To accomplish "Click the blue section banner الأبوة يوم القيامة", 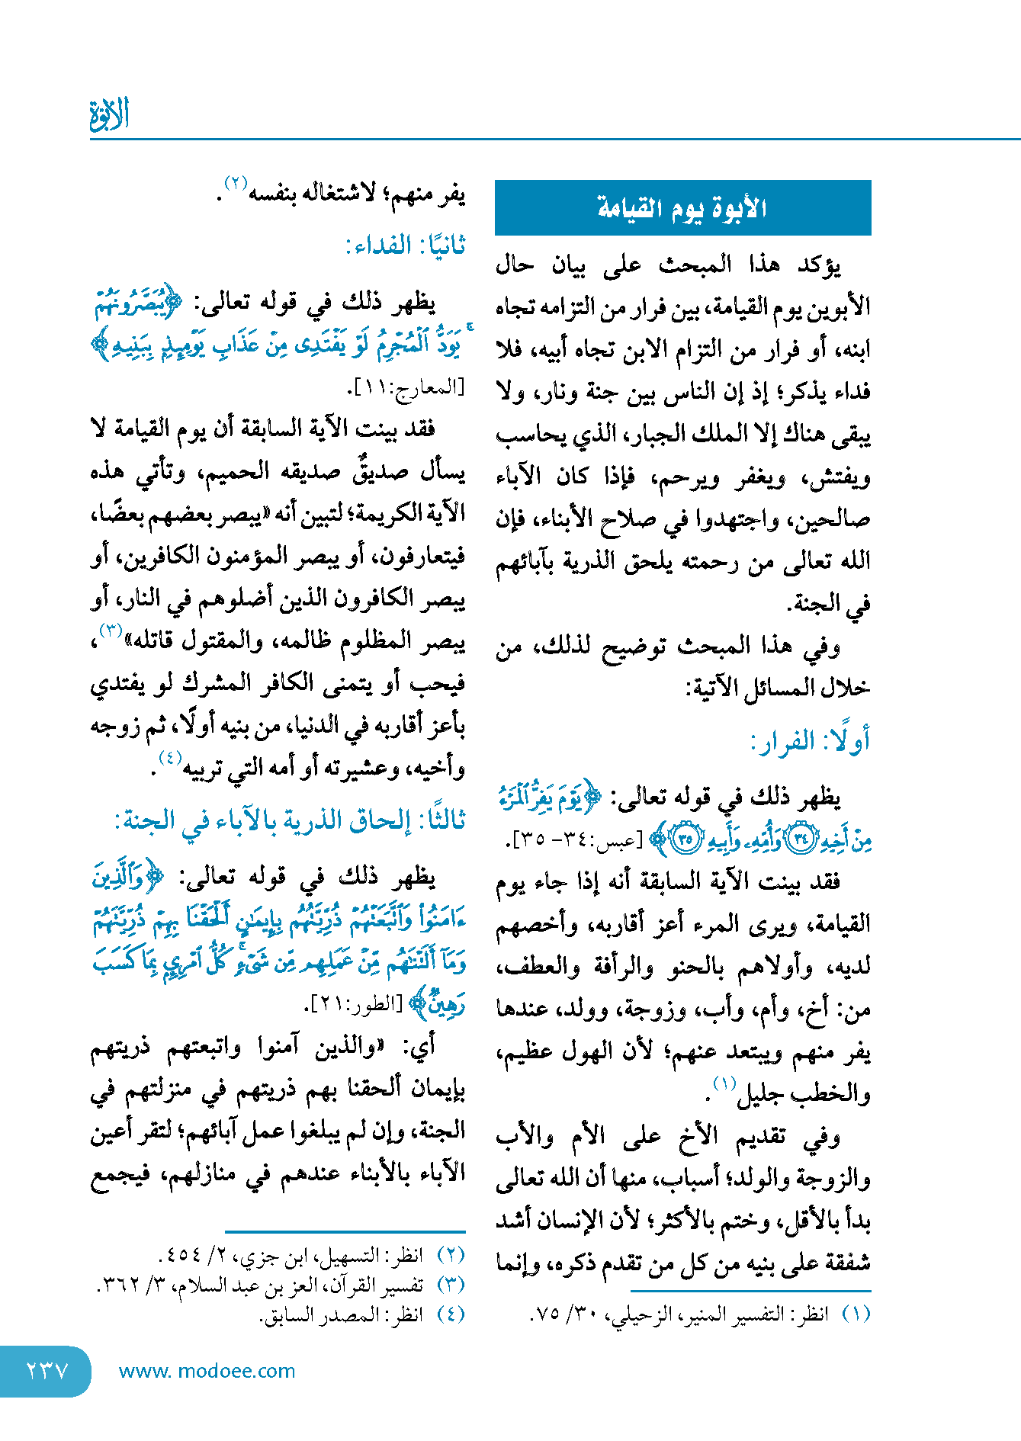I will click(682, 207).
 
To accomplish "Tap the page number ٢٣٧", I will click(47, 1371).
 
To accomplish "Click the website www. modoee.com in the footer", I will click(207, 1371).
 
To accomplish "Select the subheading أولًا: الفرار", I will click(810, 741).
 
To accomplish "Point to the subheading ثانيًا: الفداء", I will click(405, 246).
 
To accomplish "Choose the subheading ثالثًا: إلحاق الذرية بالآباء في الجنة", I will click(290, 821).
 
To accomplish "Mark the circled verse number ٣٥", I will click(685, 839).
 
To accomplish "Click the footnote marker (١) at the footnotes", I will click(856, 1314).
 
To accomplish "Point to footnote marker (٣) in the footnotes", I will click(451, 1285).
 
